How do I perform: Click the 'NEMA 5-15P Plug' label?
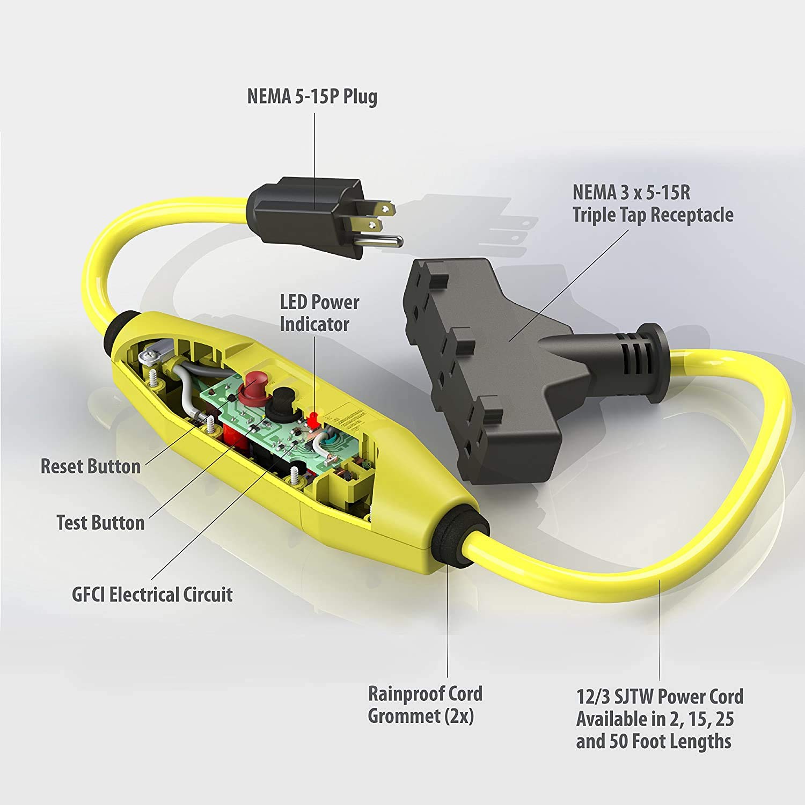click(312, 97)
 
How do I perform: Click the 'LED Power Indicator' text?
click(319, 313)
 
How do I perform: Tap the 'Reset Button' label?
click(91, 466)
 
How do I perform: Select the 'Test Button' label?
click(101, 522)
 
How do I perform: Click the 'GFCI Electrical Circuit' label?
click(152, 595)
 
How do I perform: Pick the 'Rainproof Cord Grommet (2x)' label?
click(425, 705)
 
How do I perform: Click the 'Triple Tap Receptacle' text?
click(653, 215)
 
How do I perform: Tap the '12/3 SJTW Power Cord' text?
click(660, 697)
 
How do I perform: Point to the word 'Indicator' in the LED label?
click(314, 324)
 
